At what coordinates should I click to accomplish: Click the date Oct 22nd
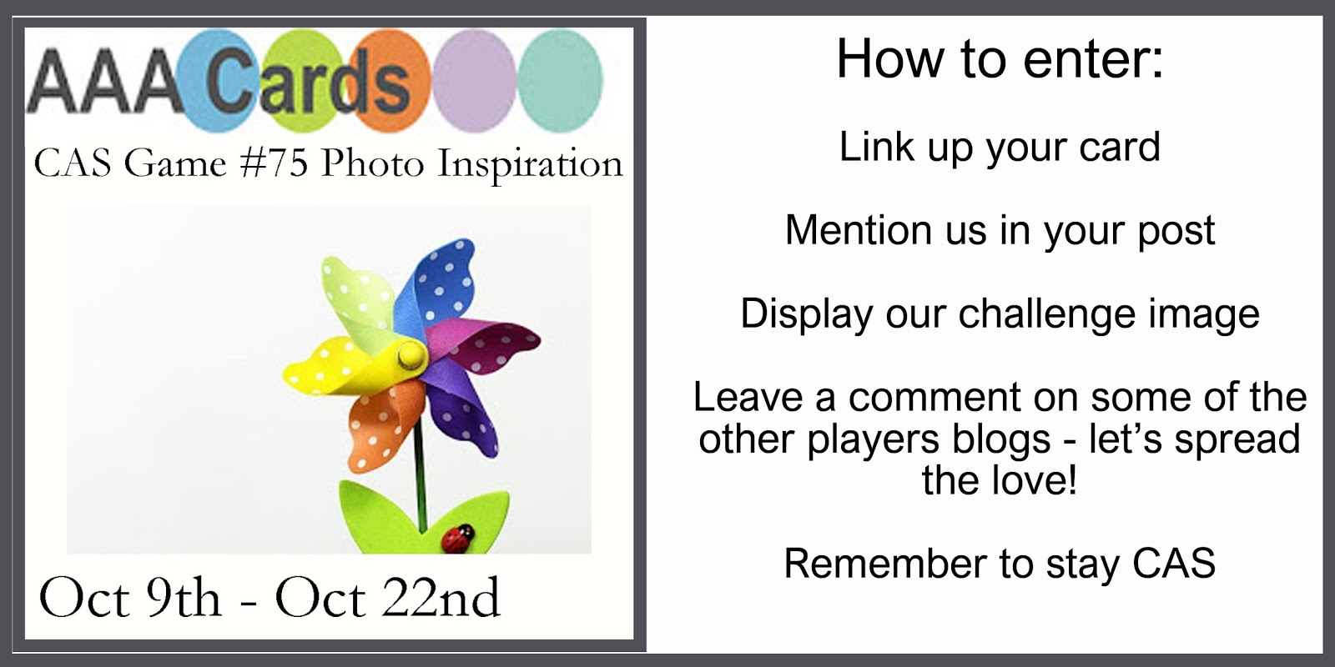[x=387, y=598]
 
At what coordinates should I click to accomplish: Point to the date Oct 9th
[x=130, y=598]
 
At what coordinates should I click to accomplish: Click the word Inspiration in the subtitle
[x=531, y=164]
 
